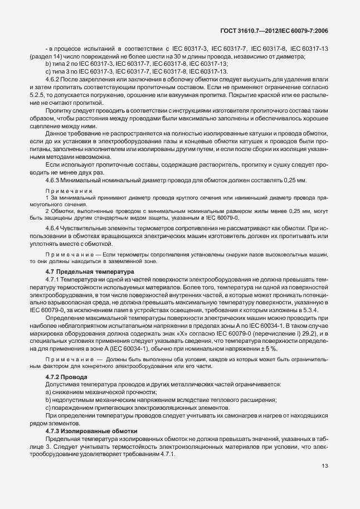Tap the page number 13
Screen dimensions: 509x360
tap(324, 466)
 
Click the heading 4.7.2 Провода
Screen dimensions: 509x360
tap(66, 377)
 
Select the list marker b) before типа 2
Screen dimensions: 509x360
tap(48, 64)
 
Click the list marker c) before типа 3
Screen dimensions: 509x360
tap(48, 72)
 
